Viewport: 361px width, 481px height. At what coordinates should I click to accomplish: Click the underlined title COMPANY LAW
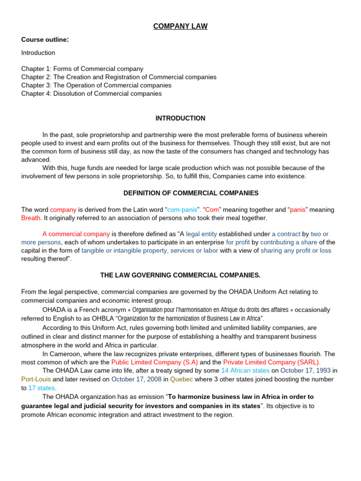(180, 26)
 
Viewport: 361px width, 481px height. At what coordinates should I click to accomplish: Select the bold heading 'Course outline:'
(45, 39)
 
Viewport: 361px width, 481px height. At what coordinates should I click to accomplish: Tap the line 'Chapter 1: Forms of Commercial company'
(82, 69)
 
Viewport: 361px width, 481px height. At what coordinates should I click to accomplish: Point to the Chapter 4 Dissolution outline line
(91, 93)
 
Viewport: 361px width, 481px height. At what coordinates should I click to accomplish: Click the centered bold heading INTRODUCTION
(180, 118)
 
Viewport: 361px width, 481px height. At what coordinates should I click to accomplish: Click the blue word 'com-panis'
(182, 209)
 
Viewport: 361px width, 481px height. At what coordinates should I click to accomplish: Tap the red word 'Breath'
(31, 218)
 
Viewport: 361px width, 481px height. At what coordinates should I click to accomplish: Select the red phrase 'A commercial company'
(76, 234)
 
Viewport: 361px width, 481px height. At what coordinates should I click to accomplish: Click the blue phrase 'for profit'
(238, 242)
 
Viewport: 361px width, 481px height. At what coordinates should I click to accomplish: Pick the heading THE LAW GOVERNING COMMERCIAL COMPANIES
(180, 275)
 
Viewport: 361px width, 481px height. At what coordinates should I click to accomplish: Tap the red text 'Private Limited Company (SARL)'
(272, 362)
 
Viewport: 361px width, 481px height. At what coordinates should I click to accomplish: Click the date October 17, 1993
(306, 371)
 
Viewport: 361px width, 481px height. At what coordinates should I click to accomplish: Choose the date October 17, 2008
(136, 379)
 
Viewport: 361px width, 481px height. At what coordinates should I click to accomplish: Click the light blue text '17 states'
(42, 388)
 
